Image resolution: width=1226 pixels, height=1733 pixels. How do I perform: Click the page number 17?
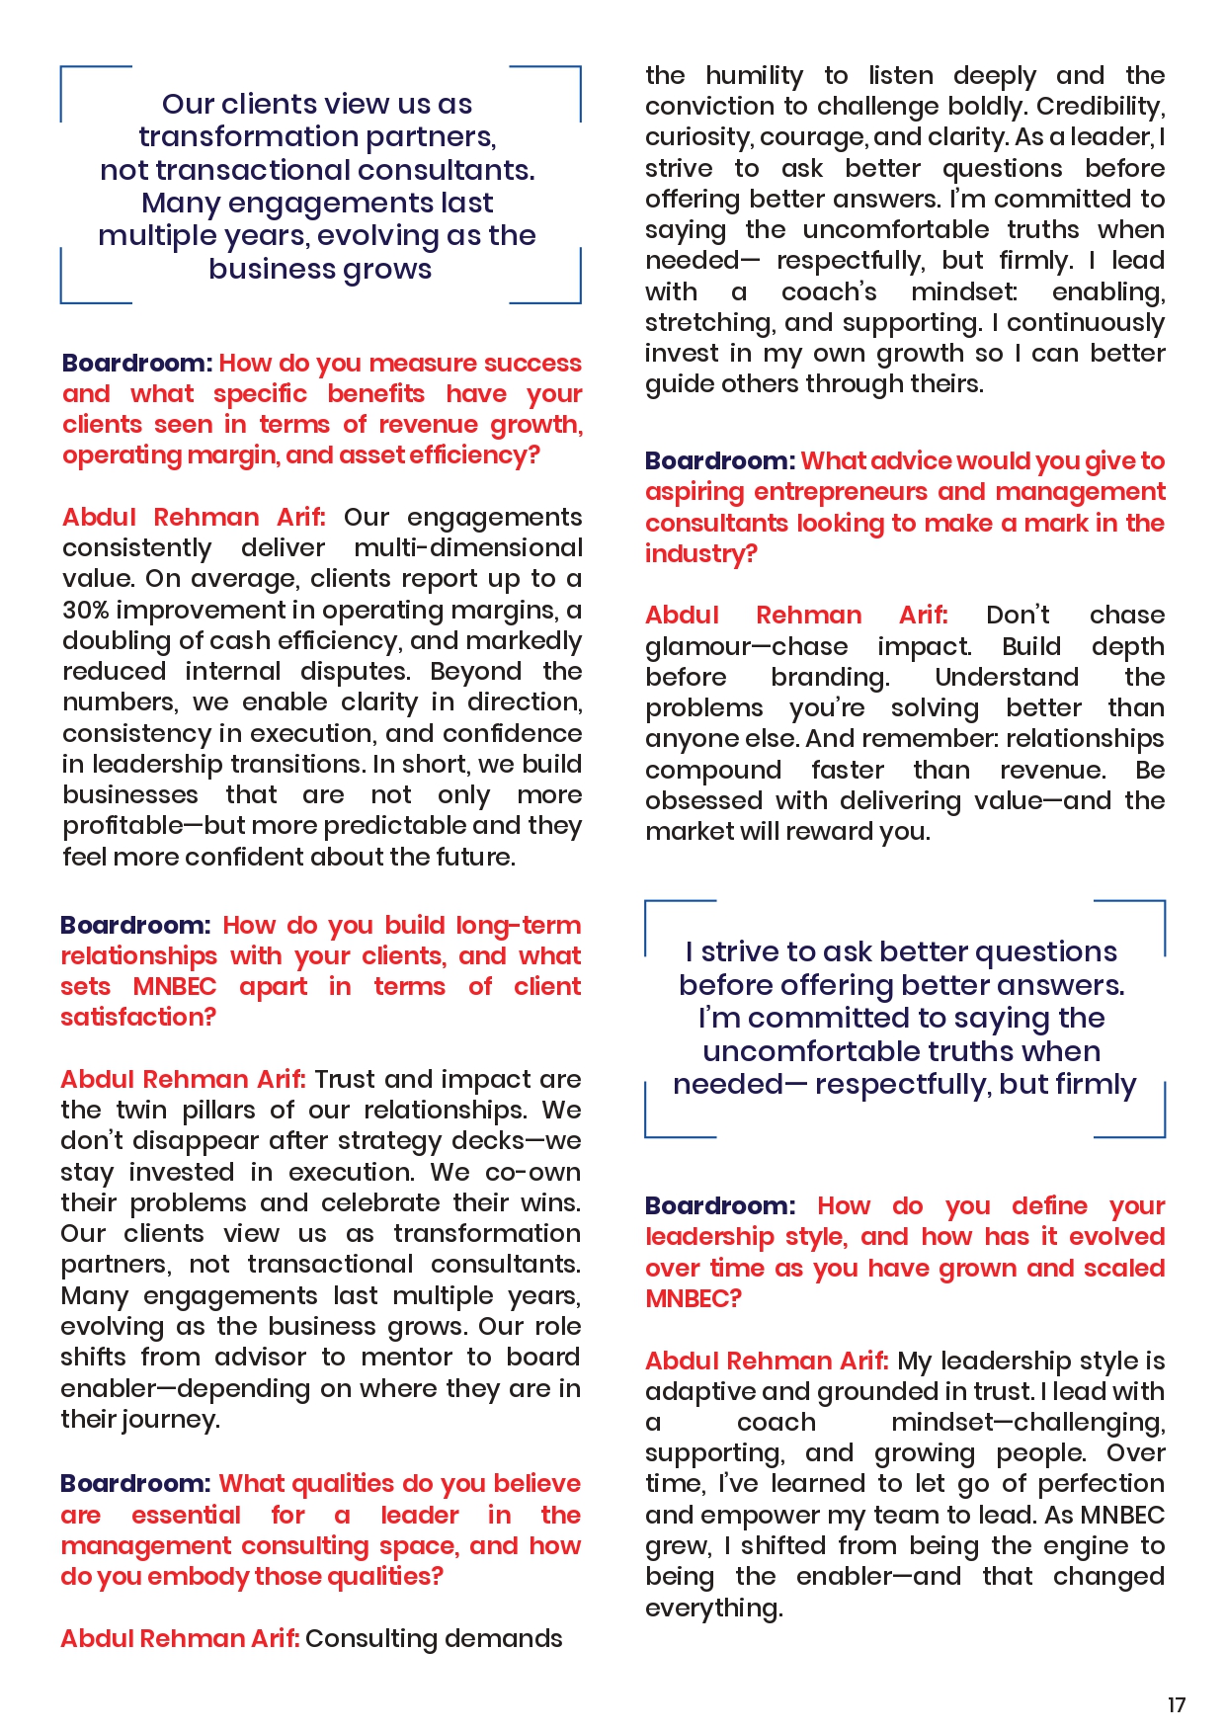1176,1704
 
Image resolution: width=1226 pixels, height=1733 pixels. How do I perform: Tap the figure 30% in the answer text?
85,610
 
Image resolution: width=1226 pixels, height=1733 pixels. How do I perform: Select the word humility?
754,76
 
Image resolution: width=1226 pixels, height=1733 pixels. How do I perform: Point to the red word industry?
697,554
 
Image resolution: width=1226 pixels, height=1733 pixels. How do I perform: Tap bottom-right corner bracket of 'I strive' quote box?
1163,1134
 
